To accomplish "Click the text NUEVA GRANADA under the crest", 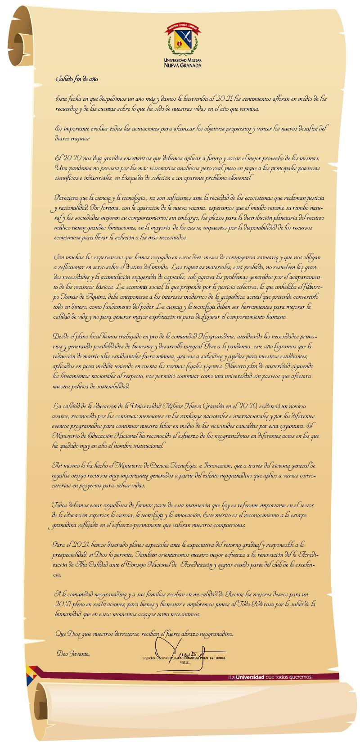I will (182, 65).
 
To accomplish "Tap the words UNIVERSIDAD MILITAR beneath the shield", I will (182, 60).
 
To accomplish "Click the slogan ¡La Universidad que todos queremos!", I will (270, 677).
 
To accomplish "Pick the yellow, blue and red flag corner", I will (32, 673).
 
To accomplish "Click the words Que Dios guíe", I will (72, 634).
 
